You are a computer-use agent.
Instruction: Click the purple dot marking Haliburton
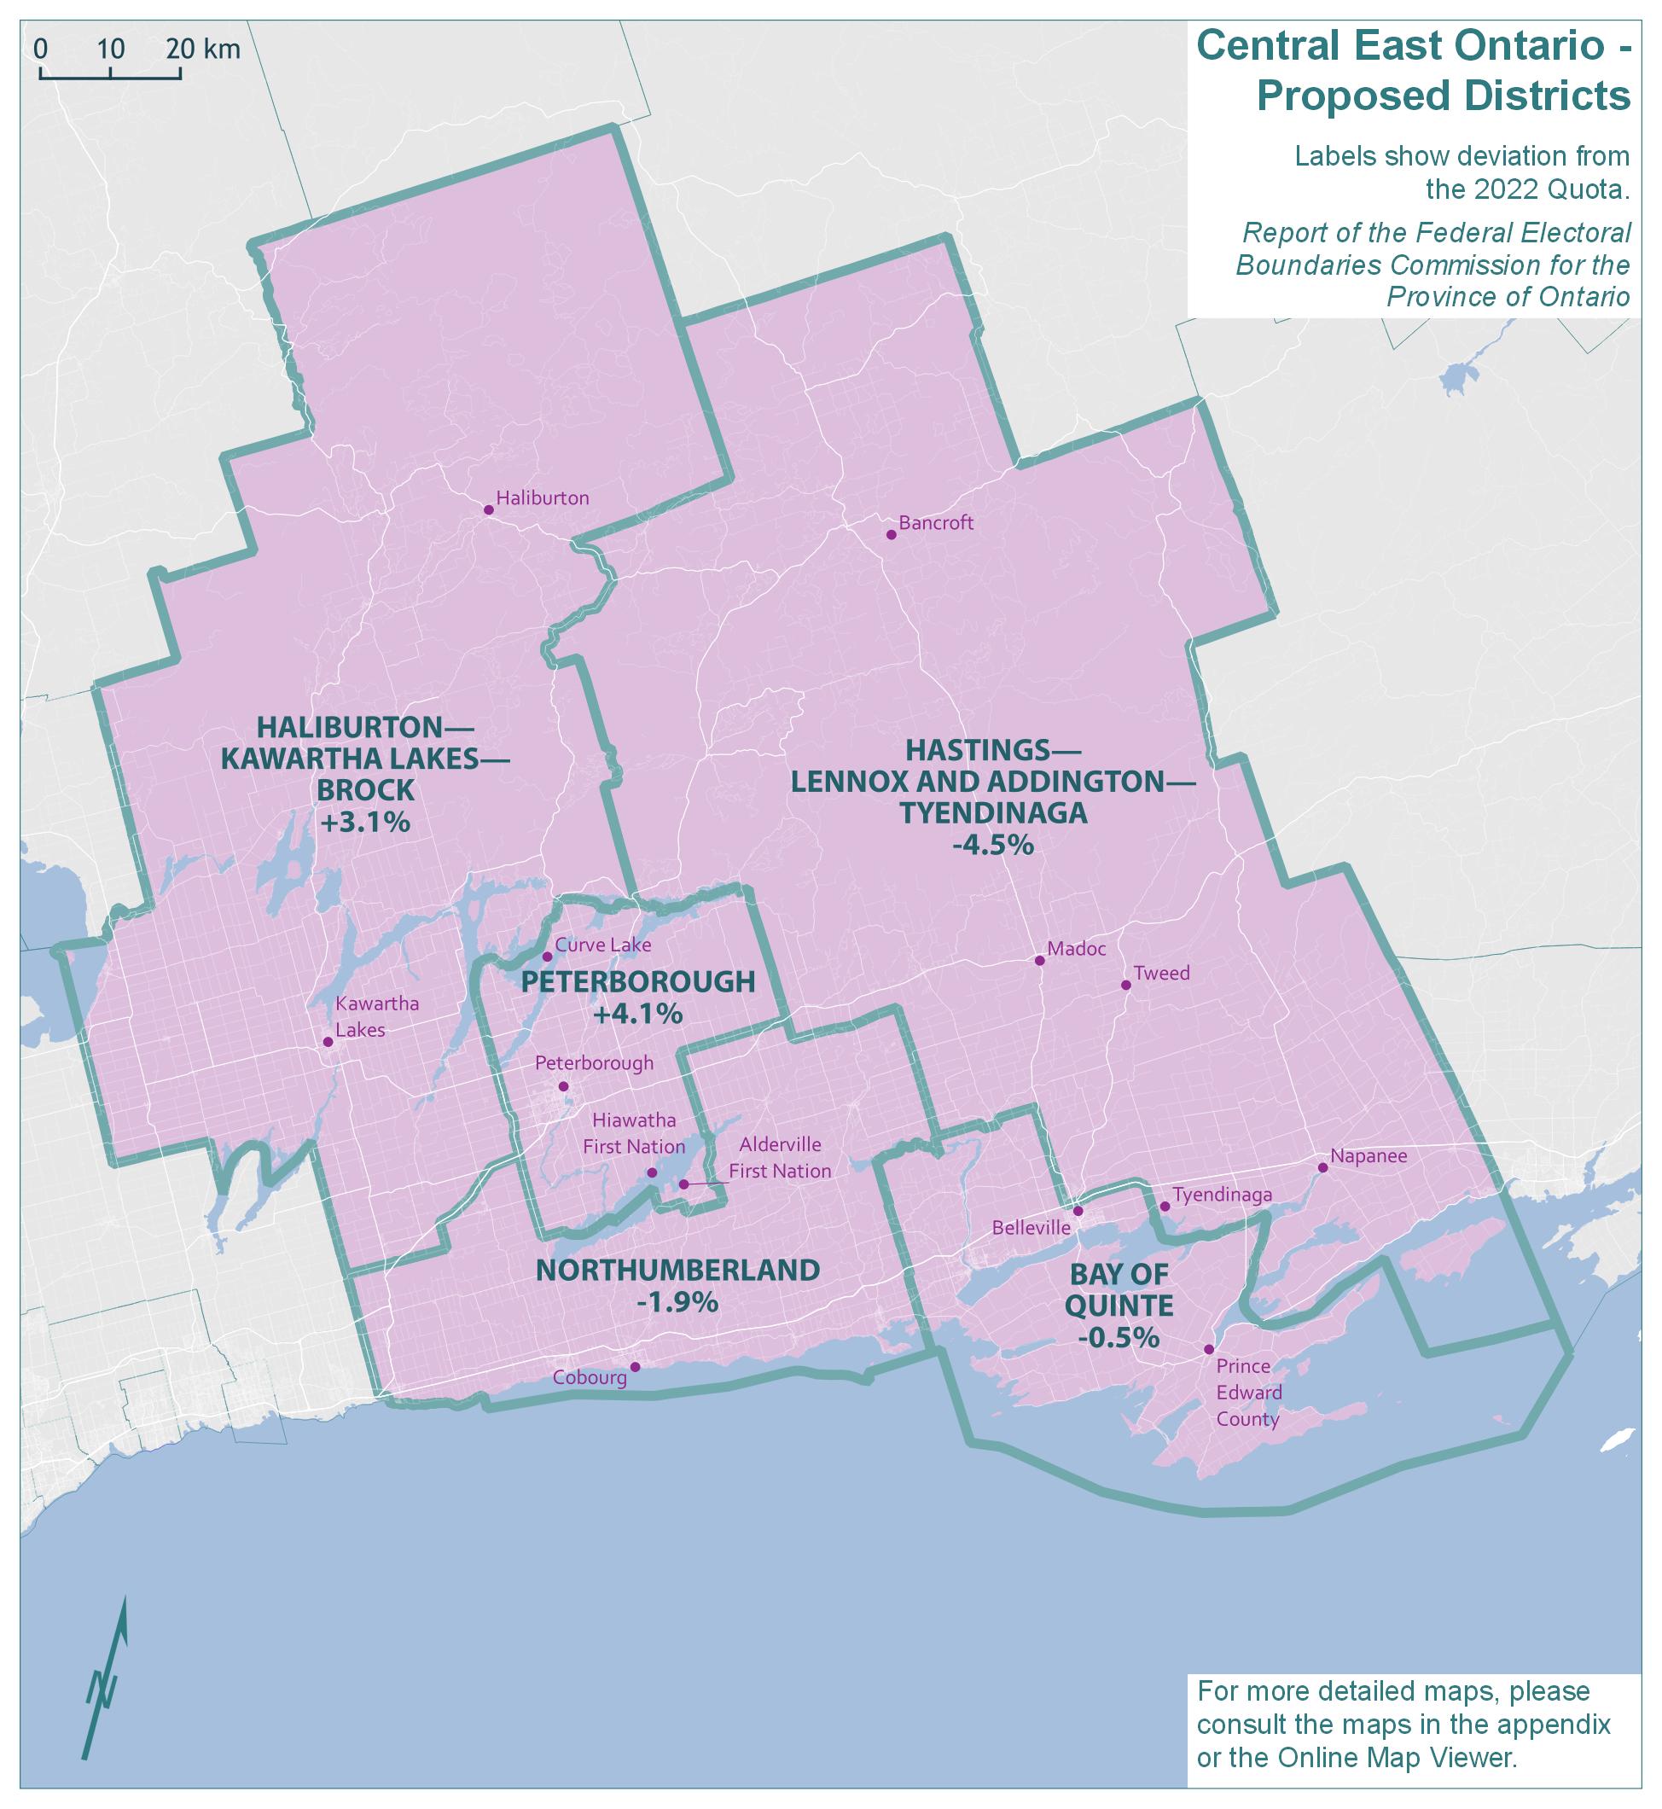(x=488, y=510)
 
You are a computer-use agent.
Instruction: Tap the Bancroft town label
(x=935, y=522)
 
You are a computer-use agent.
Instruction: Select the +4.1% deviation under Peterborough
(x=637, y=1014)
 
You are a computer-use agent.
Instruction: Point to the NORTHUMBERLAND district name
(x=677, y=1271)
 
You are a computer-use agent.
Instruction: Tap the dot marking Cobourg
(x=635, y=1367)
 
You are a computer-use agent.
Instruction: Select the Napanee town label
(x=1368, y=1156)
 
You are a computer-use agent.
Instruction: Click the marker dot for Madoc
(x=1040, y=961)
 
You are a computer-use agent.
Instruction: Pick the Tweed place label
(x=1161, y=973)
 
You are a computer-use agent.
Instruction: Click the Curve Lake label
(x=602, y=945)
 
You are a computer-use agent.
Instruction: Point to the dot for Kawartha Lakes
(x=328, y=1042)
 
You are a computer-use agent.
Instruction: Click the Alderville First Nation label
(x=780, y=1158)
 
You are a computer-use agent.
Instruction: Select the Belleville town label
(x=1031, y=1228)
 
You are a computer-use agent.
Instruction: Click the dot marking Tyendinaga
(x=1165, y=1207)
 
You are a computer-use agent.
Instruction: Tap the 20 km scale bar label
(x=203, y=49)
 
